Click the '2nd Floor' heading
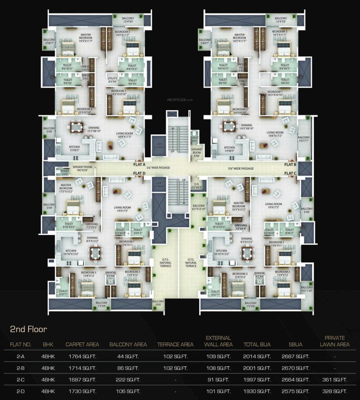[29, 329]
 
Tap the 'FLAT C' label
[290, 173]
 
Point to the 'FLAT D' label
[139, 173]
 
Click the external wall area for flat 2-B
[218, 367]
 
